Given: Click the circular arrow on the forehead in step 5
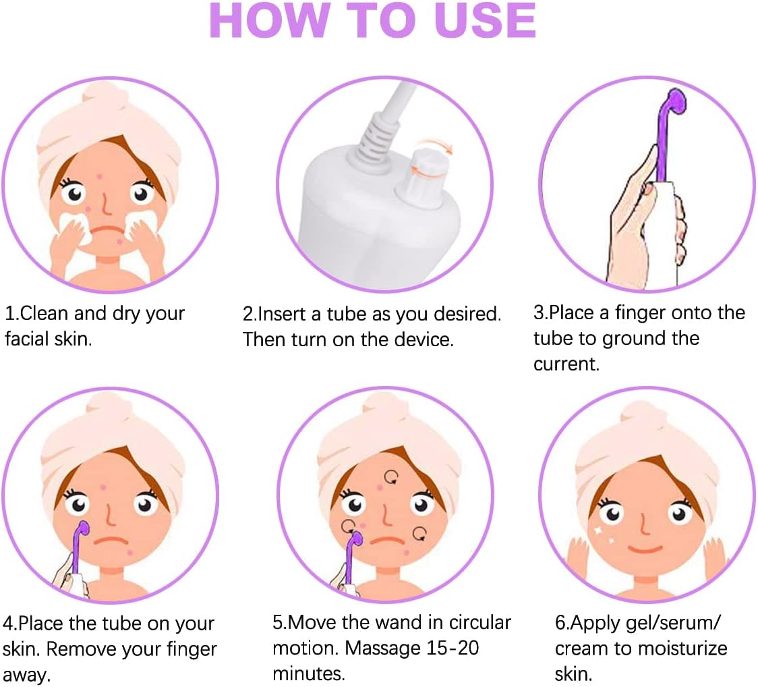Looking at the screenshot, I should point(390,478).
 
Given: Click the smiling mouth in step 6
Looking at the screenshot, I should point(648,548).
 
